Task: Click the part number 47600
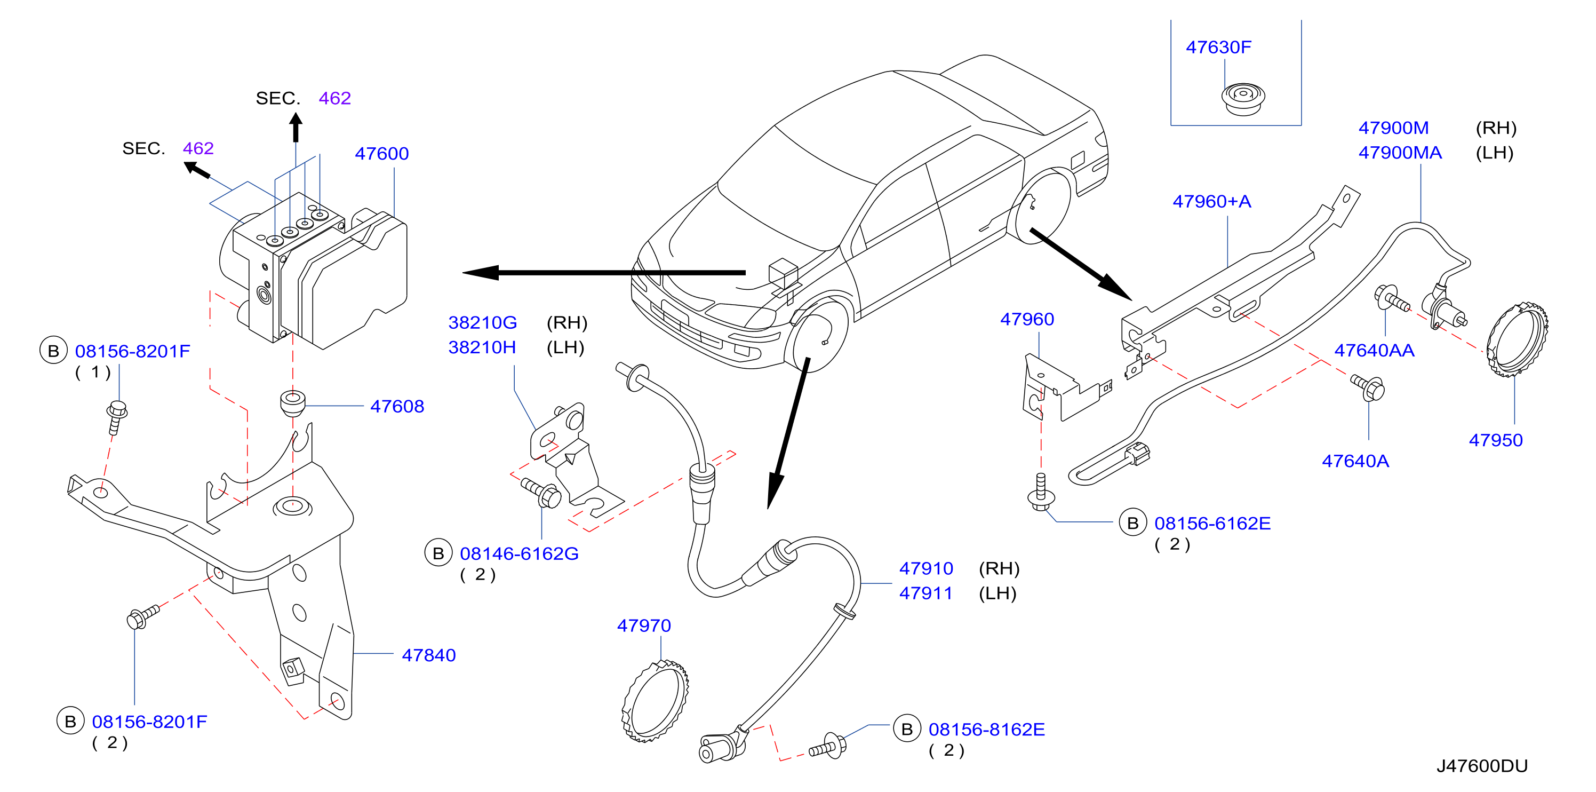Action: coord(381,154)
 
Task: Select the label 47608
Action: coord(397,407)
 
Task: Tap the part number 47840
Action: coord(429,655)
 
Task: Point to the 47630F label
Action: coord(1218,47)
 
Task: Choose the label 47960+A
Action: coord(1212,201)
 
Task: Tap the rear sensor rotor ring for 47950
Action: coord(1518,339)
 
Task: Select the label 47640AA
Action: coord(1374,351)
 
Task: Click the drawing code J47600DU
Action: coord(1482,766)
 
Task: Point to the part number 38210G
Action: coord(483,322)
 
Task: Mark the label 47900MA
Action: coord(1400,153)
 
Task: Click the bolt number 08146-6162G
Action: coord(519,553)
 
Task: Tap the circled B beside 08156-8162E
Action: coord(906,730)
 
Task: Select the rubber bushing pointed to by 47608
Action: coord(293,403)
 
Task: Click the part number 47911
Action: coord(925,593)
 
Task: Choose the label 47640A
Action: coord(1355,461)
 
